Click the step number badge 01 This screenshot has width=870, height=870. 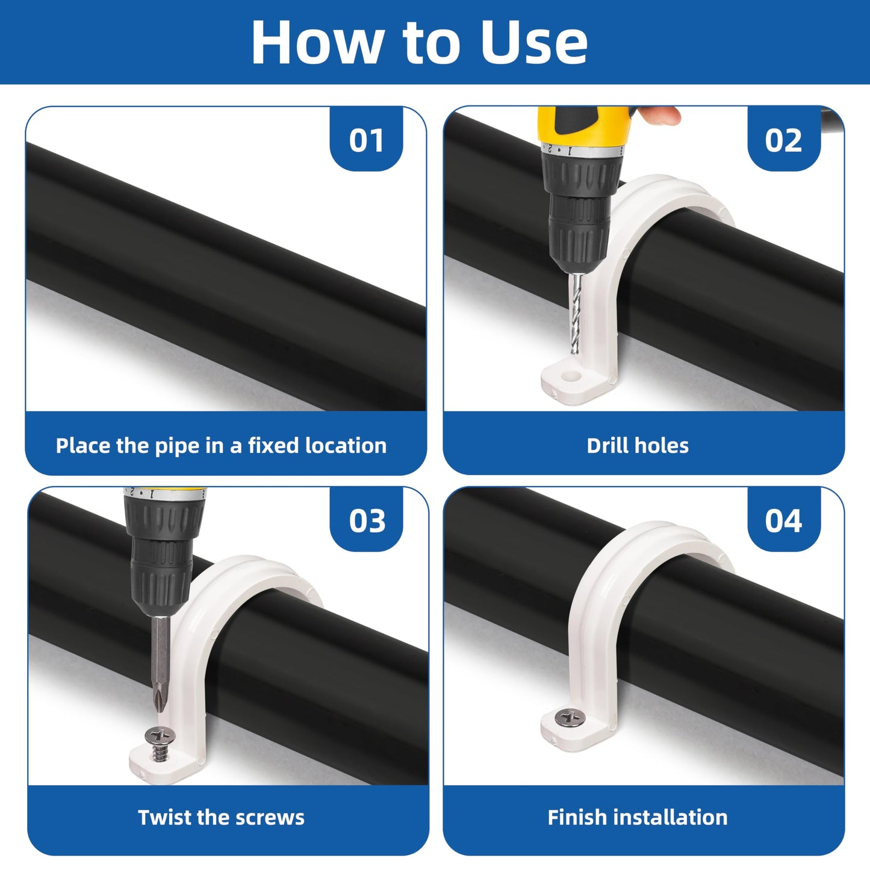point(366,140)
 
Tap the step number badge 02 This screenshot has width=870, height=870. point(783,140)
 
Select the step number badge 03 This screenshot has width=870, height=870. point(367,521)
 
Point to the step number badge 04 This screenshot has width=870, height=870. point(783,521)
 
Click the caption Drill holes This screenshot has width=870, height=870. point(638,446)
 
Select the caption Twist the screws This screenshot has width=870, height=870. point(221,817)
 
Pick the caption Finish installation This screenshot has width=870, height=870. point(638,817)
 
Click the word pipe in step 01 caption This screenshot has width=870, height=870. point(178,446)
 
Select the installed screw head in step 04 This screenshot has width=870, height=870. point(569,718)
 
